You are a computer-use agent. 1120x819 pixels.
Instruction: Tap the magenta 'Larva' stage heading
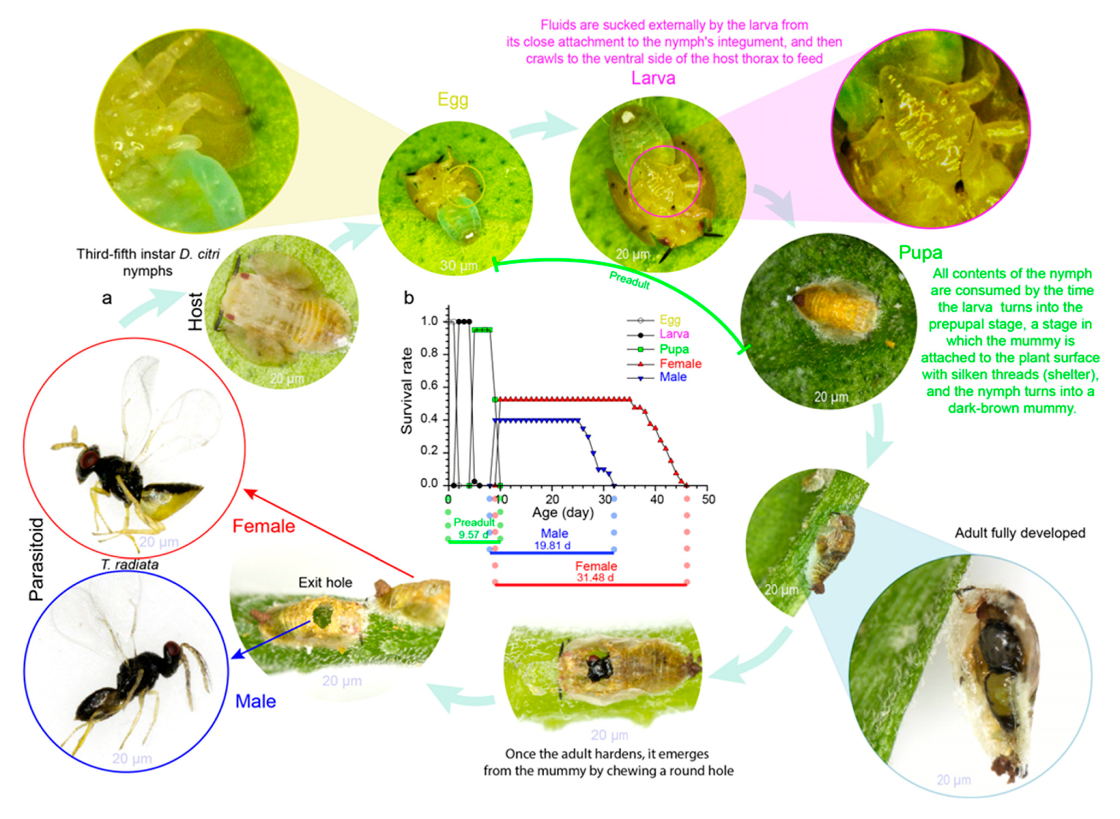click(x=653, y=78)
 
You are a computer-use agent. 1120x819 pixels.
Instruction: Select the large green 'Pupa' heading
click(x=920, y=253)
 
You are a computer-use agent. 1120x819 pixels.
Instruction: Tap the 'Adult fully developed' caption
click(x=1020, y=533)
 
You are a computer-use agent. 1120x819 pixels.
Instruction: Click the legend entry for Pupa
click(x=673, y=349)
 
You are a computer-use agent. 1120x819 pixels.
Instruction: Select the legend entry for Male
click(x=673, y=377)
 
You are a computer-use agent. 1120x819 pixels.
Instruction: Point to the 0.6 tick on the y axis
click(x=430, y=386)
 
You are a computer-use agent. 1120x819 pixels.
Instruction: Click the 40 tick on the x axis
click(x=656, y=499)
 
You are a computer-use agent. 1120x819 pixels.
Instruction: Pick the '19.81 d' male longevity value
click(x=552, y=545)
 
